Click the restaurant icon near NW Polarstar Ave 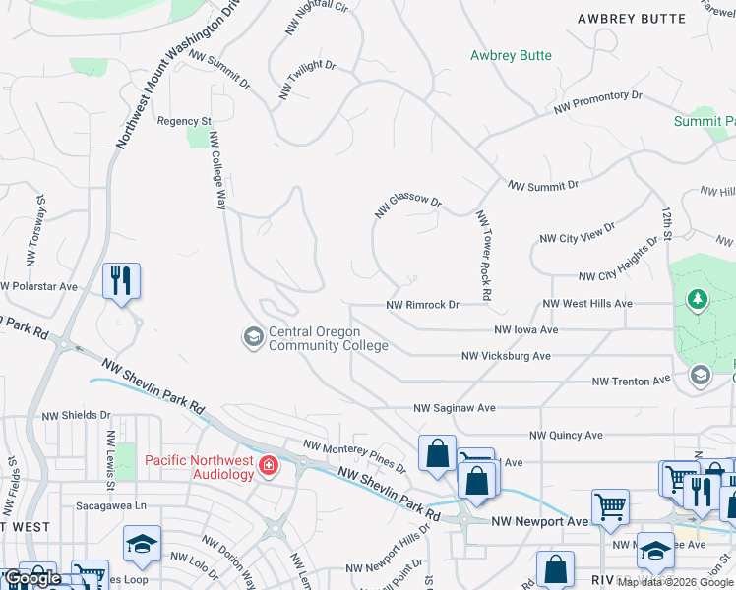tap(121, 281)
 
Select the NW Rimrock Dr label tap(423, 305)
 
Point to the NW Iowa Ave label tap(525, 330)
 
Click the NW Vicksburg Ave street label tap(506, 356)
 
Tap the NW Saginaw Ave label tap(454, 407)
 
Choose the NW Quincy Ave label tap(566, 435)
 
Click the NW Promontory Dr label tap(597, 100)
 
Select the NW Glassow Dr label tap(407, 205)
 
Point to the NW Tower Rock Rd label tap(483, 255)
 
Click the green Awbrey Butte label tap(511, 56)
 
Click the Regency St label tap(184, 121)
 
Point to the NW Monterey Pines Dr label tap(354, 455)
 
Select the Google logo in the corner tap(33, 578)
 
